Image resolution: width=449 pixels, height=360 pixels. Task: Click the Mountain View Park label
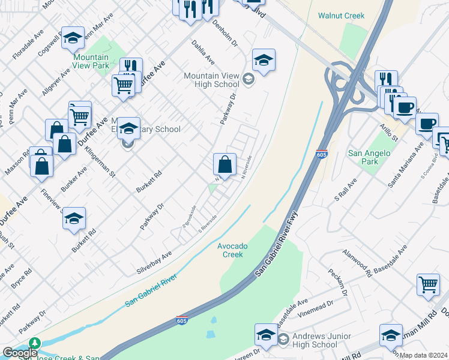(90, 62)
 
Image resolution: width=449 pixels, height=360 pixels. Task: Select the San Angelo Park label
(369, 157)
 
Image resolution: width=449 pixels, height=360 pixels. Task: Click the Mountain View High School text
(211, 80)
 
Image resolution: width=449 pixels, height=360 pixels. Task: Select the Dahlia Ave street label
(203, 52)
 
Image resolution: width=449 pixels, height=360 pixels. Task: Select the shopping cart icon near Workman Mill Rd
(428, 284)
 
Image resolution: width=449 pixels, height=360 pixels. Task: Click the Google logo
(20, 353)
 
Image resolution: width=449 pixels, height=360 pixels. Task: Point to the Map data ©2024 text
(423, 355)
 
